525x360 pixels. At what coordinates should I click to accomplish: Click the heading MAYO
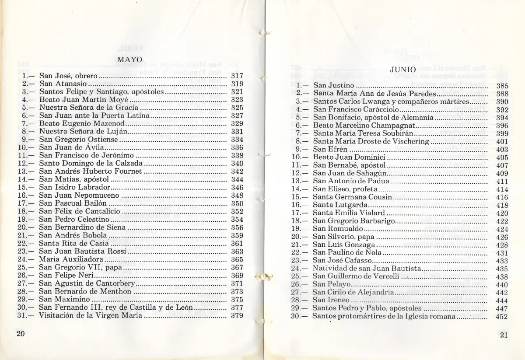pyautogui.click(x=130, y=59)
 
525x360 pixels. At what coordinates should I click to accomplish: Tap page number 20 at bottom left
pyautogui.click(x=21, y=333)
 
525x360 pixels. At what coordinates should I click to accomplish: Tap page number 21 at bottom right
pyautogui.click(x=503, y=336)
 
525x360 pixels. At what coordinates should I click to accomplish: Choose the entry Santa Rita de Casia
pyautogui.click(x=73, y=243)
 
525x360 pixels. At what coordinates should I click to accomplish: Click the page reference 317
pyautogui.click(x=237, y=76)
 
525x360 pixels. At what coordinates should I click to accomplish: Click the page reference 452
pyautogui.click(x=502, y=317)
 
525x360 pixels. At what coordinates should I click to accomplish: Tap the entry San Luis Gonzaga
pyautogui.click(x=343, y=245)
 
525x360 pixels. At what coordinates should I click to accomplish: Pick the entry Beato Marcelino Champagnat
pyautogui.click(x=363, y=126)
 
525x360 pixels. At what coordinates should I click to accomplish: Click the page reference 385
pyautogui.click(x=502, y=86)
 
